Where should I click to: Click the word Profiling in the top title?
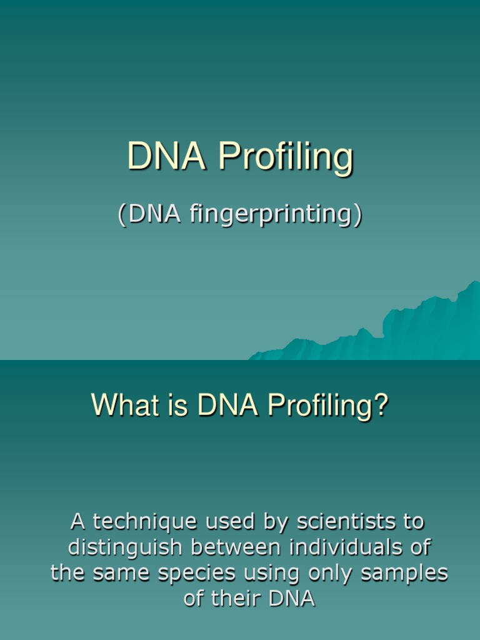click(x=286, y=157)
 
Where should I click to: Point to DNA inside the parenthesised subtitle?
click(x=154, y=214)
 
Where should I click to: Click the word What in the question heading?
click(x=122, y=406)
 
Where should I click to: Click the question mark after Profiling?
click(x=381, y=406)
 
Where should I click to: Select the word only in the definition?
click(x=331, y=574)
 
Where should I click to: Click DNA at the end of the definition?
click(x=291, y=599)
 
